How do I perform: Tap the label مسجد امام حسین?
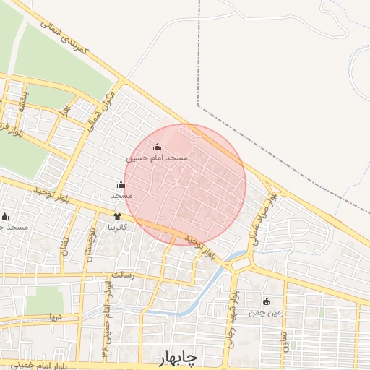[x=158, y=157]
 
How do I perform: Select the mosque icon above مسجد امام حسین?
[x=158, y=147]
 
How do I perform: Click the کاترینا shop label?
[x=118, y=227]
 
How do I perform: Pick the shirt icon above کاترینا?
[x=118, y=216]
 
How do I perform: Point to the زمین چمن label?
[x=264, y=313]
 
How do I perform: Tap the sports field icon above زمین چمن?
[x=266, y=302]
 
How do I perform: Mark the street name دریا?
[x=55, y=317]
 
